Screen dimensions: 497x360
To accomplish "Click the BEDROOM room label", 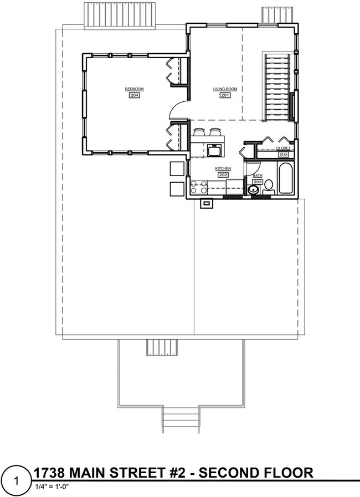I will click(x=134, y=89).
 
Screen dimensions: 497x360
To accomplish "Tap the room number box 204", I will click(x=134, y=95).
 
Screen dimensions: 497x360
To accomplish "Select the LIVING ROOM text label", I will click(x=225, y=89).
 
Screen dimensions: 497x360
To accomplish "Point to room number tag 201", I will click(x=225, y=95).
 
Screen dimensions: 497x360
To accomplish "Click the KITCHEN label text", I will click(x=223, y=168).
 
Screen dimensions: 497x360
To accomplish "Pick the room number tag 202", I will click(x=223, y=174).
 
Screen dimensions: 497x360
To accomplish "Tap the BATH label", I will click(x=258, y=175).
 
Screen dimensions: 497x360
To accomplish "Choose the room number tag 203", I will click(x=258, y=182).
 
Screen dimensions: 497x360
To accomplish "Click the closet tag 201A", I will click(x=284, y=154).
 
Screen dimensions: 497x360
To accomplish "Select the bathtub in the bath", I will click(x=286, y=178).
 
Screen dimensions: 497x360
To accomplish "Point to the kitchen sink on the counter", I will click(x=214, y=151).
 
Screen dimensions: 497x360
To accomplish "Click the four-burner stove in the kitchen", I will click(x=199, y=187).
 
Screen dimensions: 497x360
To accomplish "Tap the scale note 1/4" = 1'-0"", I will click(x=53, y=487).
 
